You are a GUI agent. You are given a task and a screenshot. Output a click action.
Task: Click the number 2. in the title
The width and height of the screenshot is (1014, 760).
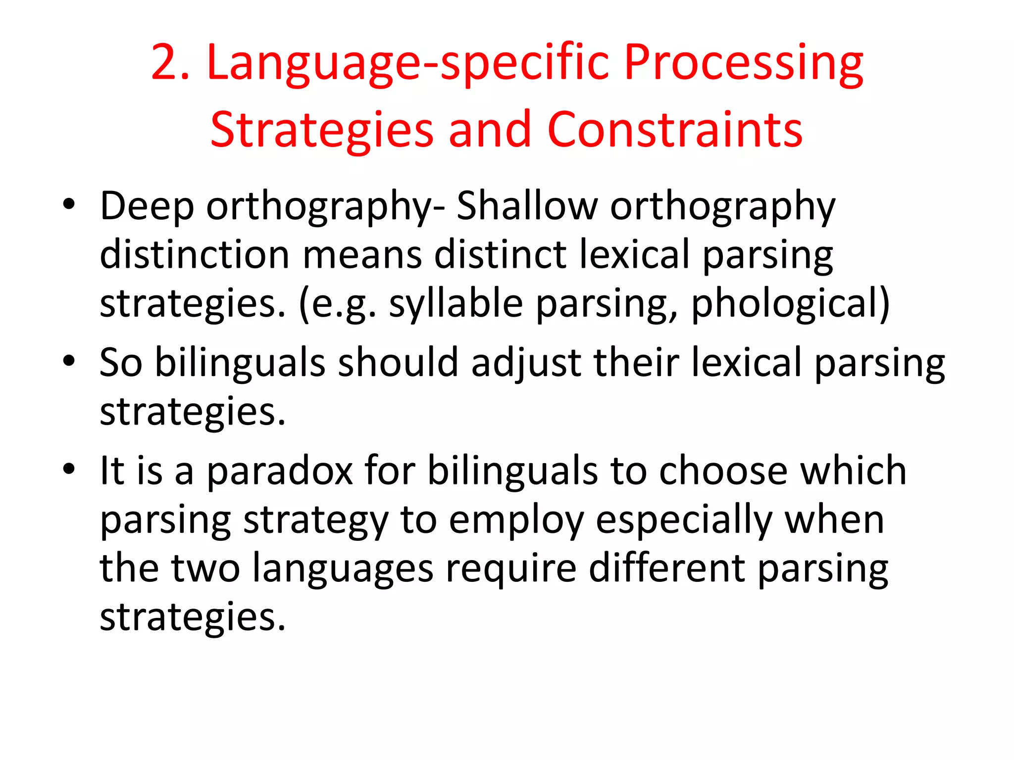(x=170, y=62)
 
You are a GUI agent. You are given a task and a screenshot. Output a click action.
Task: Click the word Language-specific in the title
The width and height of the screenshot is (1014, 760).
(x=407, y=63)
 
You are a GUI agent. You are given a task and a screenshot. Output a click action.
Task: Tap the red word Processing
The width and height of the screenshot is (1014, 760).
(x=743, y=63)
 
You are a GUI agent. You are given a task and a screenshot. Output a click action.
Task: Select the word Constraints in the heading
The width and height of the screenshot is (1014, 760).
(x=675, y=130)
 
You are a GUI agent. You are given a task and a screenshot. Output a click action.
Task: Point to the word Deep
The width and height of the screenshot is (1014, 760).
(x=147, y=207)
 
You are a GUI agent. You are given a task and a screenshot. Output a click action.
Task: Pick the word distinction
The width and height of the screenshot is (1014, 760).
(x=195, y=255)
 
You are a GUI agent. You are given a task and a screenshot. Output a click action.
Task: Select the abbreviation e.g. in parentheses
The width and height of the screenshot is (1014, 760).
(x=338, y=304)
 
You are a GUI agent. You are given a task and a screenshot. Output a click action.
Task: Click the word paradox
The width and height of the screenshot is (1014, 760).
(x=280, y=471)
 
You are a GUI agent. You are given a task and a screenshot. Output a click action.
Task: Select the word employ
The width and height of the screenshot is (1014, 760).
(x=516, y=521)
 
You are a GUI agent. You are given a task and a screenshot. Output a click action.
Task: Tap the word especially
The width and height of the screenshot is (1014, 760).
(x=684, y=521)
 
